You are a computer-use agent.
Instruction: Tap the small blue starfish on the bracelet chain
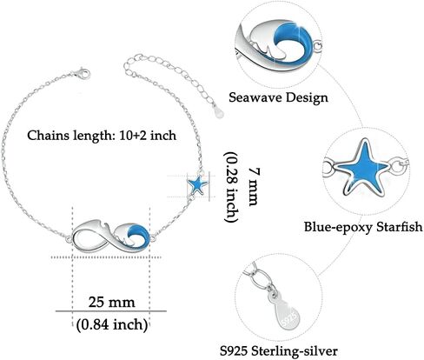click(x=197, y=184)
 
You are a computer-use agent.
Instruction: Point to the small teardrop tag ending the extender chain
click(x=218, y=111)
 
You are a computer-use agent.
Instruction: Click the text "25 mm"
click(x=111, y=302)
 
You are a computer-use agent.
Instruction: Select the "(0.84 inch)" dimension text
click(x=112, y=324)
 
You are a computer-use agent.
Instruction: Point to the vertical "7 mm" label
click(x=253, y=187)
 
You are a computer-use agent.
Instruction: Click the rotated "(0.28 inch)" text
click(x=232, y=187)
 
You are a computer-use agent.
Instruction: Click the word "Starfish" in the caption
click(x=399, y=226)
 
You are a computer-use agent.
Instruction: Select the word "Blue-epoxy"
click(x=338, y=227)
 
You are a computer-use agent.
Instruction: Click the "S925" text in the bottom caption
click(x=234, y=351)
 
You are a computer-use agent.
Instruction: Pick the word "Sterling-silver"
click(x=295, y=351)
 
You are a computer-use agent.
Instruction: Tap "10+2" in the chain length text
click(x=133, y=136)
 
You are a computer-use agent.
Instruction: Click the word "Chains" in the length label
click(x=48, y=136)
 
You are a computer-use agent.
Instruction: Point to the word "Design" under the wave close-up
click(x=308, y=98)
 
